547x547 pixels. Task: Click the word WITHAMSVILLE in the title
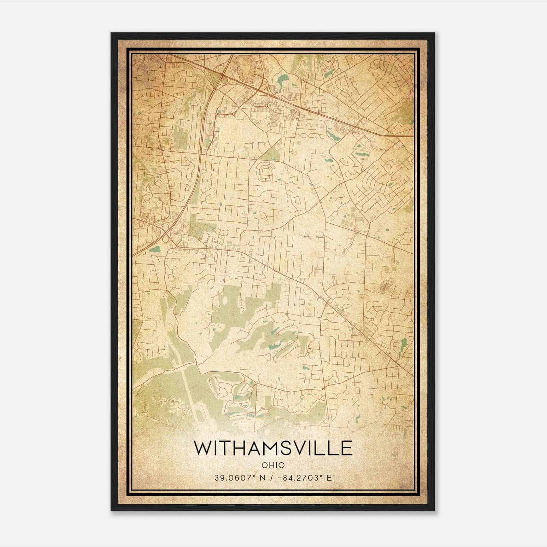tap(273, 448)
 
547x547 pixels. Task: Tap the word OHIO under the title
tap(273, 465)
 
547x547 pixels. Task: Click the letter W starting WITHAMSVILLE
tap(202, 448)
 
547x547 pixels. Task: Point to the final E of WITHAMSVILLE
tap(346, 448)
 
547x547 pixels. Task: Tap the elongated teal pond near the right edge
tap(404, 343)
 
